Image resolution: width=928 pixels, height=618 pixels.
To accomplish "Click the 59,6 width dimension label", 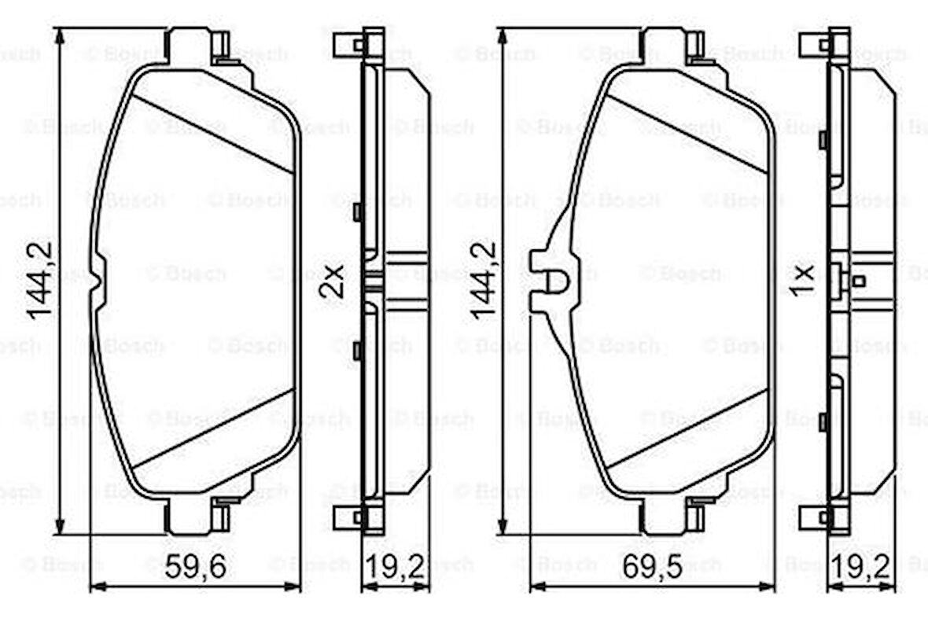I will (x=195, y=566).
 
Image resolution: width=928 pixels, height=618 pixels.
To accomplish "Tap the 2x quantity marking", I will (x=333, y=281).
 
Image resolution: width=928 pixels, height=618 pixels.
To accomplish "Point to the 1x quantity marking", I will (x=803, y=281).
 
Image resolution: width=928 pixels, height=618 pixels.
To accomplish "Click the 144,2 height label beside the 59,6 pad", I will (x=40, y=281).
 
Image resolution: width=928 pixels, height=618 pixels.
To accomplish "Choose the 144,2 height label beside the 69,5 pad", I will (x=482, y=281).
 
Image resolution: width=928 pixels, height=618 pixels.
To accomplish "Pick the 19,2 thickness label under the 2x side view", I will (x=396, y=566).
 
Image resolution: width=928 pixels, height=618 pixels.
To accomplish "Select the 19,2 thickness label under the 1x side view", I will (x=863, y=566).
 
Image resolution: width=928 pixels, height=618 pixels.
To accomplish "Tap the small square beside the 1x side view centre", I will (x=859, y=281).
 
